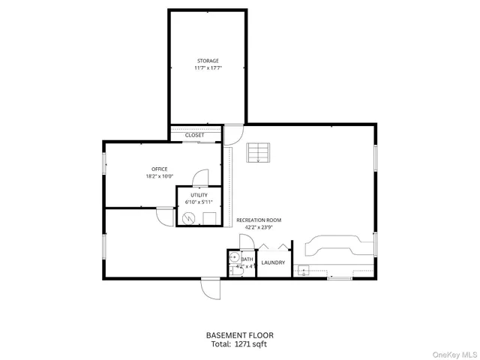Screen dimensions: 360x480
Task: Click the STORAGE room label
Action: coord(208,61)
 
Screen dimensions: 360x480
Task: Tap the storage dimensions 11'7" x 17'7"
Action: coord(208,68)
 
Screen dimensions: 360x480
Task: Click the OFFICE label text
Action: coord(159,169)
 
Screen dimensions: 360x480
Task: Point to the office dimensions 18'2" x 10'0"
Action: coord(159,176)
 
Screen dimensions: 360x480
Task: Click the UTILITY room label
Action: coord(199,195)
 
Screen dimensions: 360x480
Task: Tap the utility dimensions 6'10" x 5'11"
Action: coord(199,202)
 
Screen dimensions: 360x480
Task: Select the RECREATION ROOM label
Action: coord(259,220)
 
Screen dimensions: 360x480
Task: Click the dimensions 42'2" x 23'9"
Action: coord(259,227)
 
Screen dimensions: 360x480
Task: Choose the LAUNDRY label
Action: coord(273,262)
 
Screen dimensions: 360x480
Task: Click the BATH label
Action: coord(247,259)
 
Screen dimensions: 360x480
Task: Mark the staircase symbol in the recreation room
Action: coord(258,153)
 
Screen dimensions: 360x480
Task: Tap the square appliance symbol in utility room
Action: coord(210,218)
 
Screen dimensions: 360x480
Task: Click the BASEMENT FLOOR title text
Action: coord(239,335)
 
